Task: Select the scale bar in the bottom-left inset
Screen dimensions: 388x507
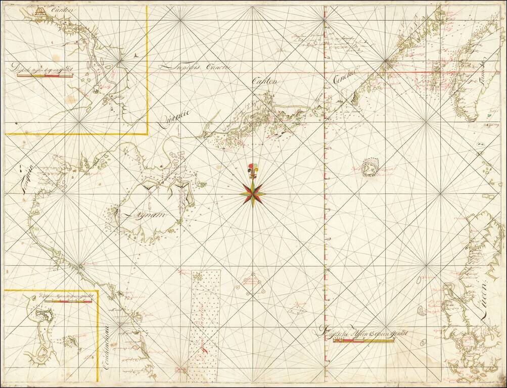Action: [x=68, y=301]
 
